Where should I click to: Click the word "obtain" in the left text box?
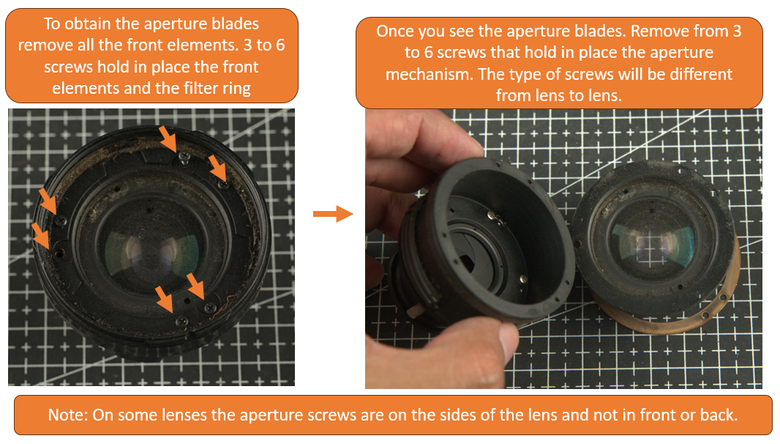[x=99, y=24]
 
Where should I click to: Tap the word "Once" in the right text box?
[x=394, y=32]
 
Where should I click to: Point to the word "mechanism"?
[x=421, y=75]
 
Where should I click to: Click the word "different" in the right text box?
[x=696, y=75]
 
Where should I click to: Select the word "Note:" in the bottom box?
[x=69, y=414]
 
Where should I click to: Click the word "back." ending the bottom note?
[x=716, y=414]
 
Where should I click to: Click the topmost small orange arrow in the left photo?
[x=168, y=136]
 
